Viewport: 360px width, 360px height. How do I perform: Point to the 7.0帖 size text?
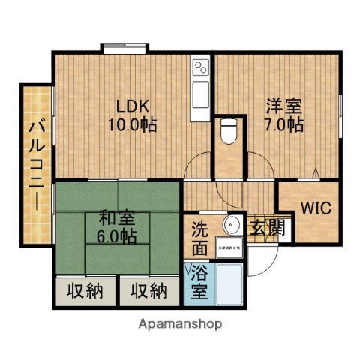click(x=282, y=124)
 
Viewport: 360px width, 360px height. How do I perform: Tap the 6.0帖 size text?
click(x=118, y=237)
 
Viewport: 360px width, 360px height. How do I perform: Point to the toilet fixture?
click(x=230, y=132)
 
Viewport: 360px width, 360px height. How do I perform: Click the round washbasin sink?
click(x=231, y=226)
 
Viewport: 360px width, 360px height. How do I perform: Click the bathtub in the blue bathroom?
click(x=229, y=283)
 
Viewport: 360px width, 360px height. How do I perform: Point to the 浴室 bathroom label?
click(x=199, y=280)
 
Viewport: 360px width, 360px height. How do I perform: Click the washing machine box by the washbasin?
click(x=229, y=247)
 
